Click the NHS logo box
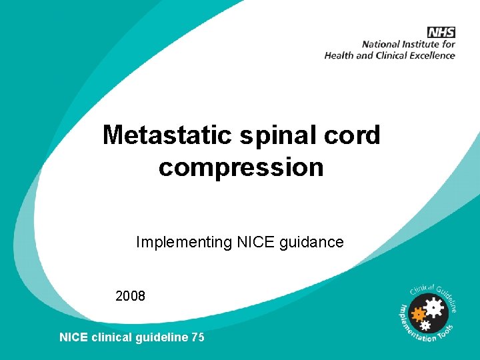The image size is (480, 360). click(x=441, y=32)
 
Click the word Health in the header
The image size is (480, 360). click(x=339, y=55)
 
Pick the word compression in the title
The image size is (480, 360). click(x=241, y=167)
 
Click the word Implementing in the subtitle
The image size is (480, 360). click(x=184, y=243)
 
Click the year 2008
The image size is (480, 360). click(x=130, y=296)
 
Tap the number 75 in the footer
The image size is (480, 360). click(x=198, y=337)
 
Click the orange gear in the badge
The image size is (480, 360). click(x=419, y=313)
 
